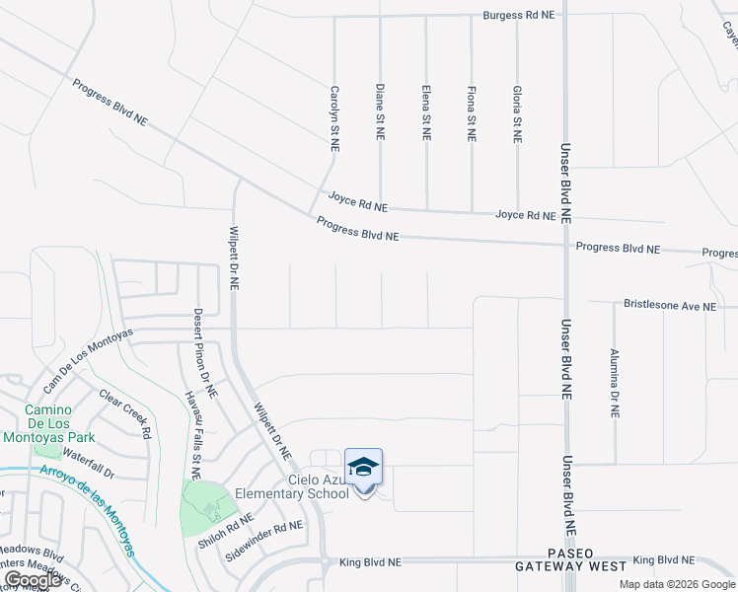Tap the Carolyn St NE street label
pyautogui.click(x=334, y=116)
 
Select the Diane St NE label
pyautogui.click(x=380, y=111)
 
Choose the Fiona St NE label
pyautogui.click(x=472, y=113)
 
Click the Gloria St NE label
pyautogui.click(x=517, y=113)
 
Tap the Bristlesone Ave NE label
pyautogui.click(x=670, y=307)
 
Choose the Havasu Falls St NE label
pyautogui.click(x=193, y=435)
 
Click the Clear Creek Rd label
pyautogui.click(x=125, y=413)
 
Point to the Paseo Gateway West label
pyautogui.click(x=570, y=559)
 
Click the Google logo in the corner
pyautogui.click(x=33, y=580)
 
